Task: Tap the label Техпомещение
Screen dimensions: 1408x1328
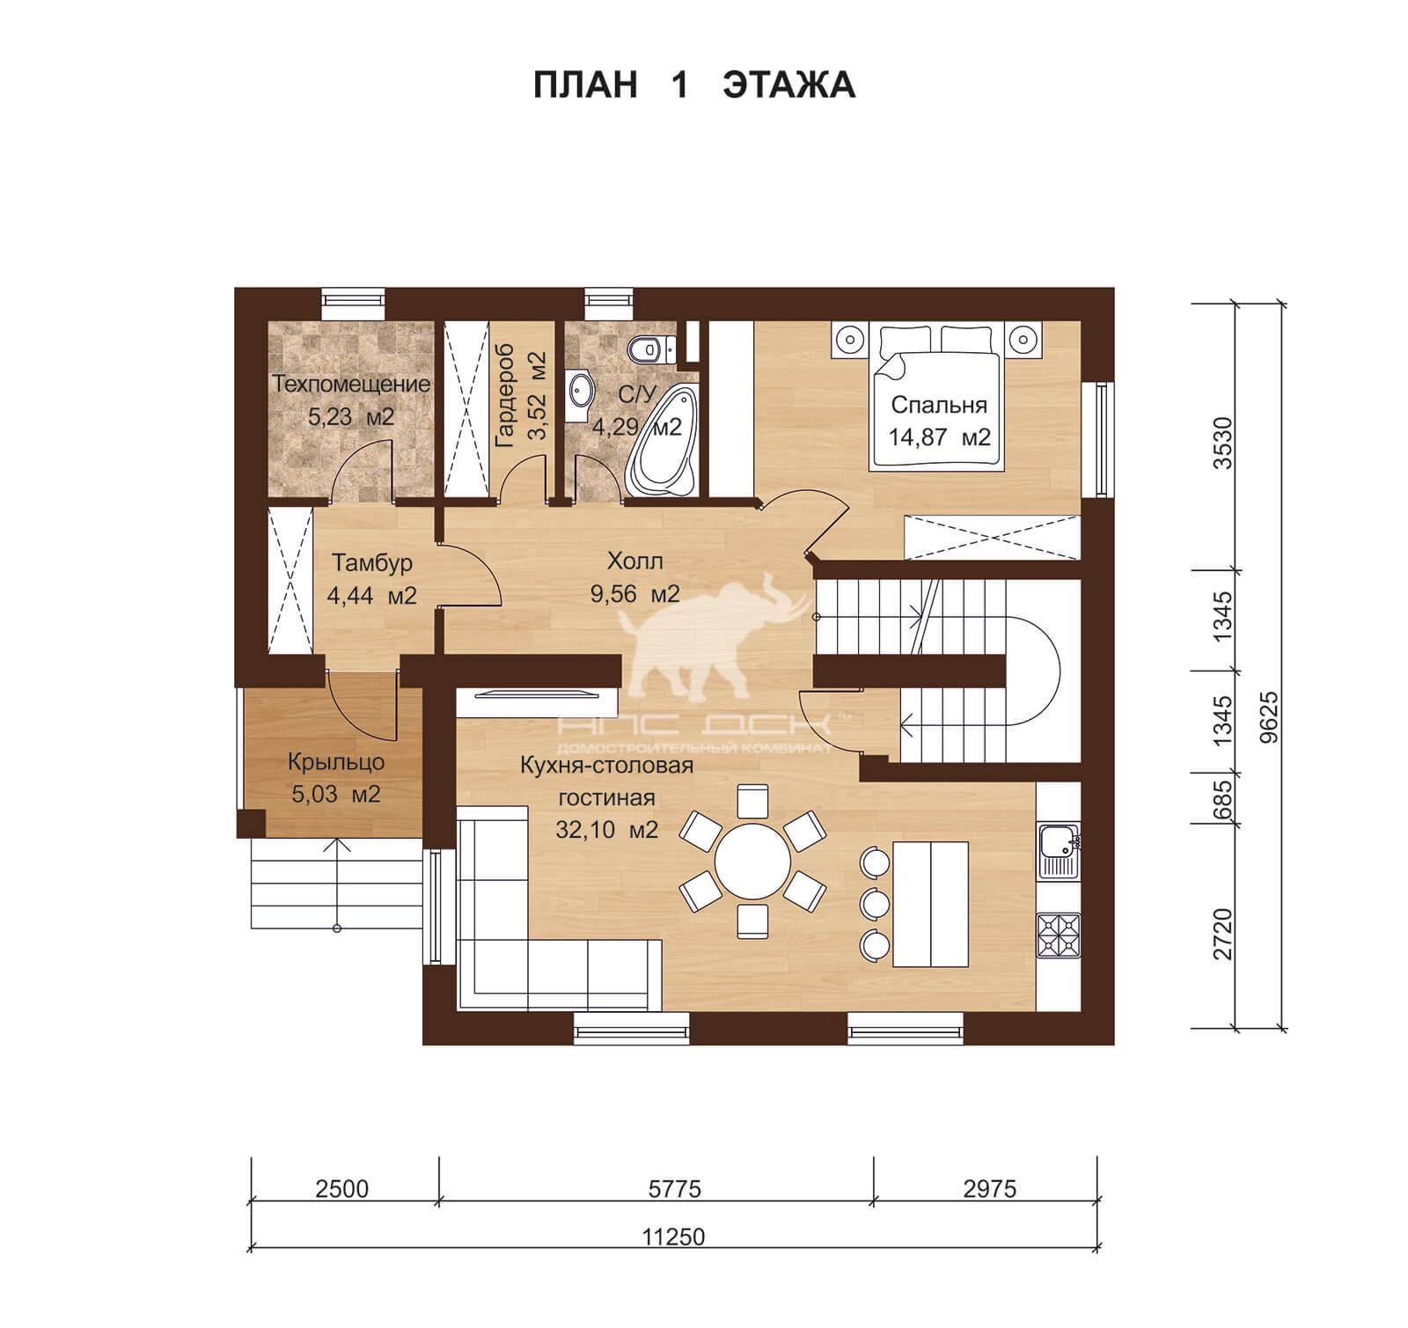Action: tap(351, 385)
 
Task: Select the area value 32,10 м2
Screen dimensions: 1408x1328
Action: tap(607, 829)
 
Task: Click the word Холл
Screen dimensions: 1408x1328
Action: tap(634, 561)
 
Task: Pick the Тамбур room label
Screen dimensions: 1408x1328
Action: tap(372, 562)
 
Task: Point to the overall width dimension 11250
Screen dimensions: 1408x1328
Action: tap(675, 1237)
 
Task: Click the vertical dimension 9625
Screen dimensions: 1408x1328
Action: tap(1268, 718)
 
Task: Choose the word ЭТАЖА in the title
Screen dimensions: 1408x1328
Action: tap(789, 85)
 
